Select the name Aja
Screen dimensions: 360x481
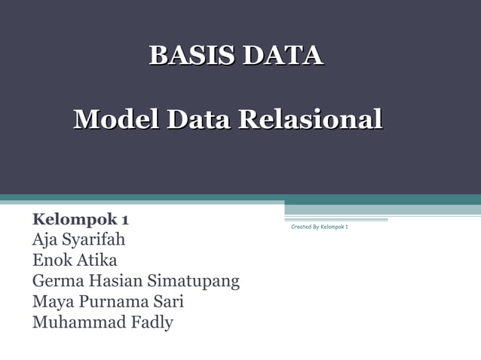pyautogui.click(x=44, y=240)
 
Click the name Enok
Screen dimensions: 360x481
pyautogui.click(x=51, y=261)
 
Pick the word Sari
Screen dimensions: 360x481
pyautogui.click(x=169, y=303)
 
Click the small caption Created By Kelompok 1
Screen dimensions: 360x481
pyautogui.click(x=319, y=227)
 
